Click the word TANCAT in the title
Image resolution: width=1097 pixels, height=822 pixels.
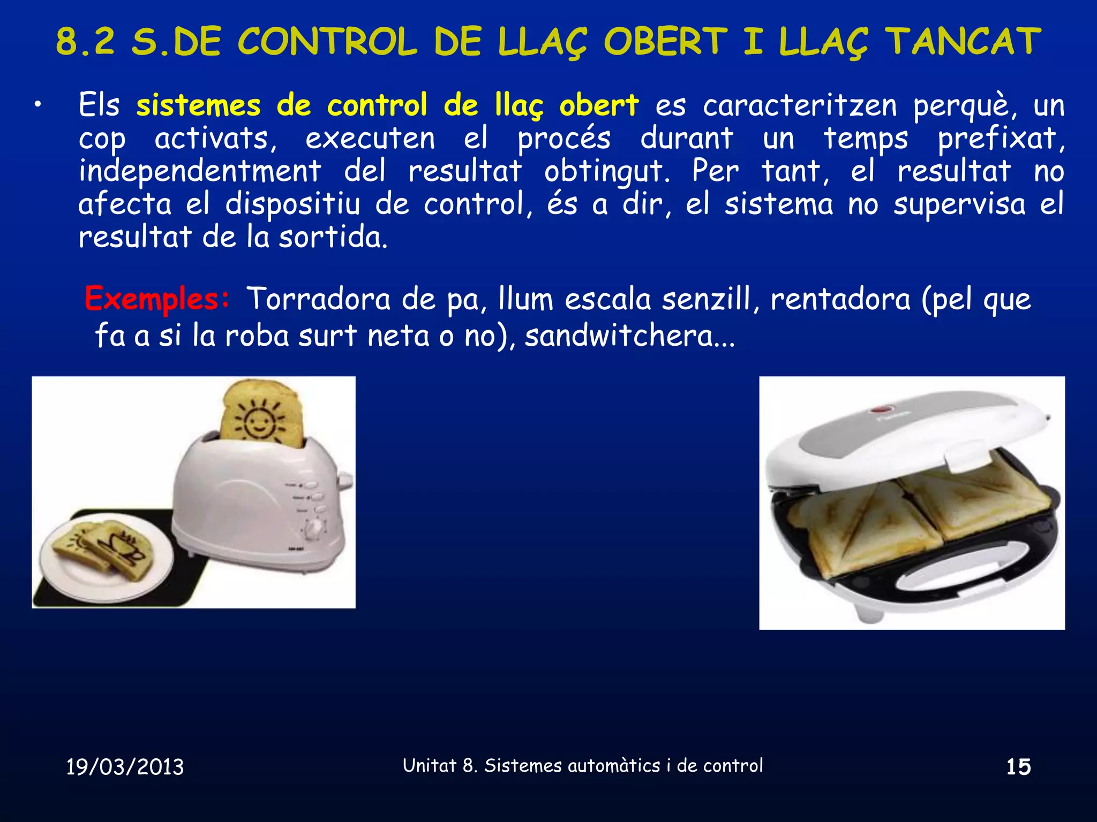(963, 42)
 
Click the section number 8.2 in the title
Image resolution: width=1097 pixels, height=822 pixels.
(86, 42)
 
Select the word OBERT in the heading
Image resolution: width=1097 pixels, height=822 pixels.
(666, 42)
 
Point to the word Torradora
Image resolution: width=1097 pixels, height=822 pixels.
(318, 299)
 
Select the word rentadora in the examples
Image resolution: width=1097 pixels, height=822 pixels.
(840, 299)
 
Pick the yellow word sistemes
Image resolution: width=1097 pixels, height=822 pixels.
(198, 105)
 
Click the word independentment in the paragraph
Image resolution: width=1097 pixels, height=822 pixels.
(200, 171)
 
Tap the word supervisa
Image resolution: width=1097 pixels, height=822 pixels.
(959, 204)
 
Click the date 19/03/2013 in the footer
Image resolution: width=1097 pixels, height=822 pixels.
(125, 767)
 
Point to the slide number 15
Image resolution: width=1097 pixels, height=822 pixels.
(1018, 767)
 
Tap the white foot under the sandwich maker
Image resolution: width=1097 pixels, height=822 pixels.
(868, 613)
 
